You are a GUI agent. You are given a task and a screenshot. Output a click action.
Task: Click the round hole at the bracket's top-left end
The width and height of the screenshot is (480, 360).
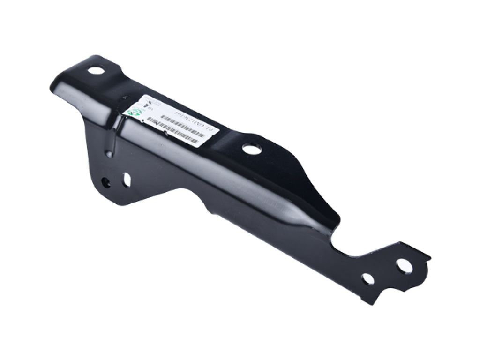tap(96, 71)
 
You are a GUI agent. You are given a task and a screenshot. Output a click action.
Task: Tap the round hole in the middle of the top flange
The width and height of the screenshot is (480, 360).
tap(252, 149)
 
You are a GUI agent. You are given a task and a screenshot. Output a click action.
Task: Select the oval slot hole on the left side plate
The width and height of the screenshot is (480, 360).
tap(127, 179)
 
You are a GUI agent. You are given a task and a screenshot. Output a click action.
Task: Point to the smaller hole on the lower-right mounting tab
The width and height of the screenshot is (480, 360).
tap(368, 279)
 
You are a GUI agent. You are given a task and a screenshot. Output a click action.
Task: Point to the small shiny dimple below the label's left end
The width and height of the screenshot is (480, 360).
tap(109, 153)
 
